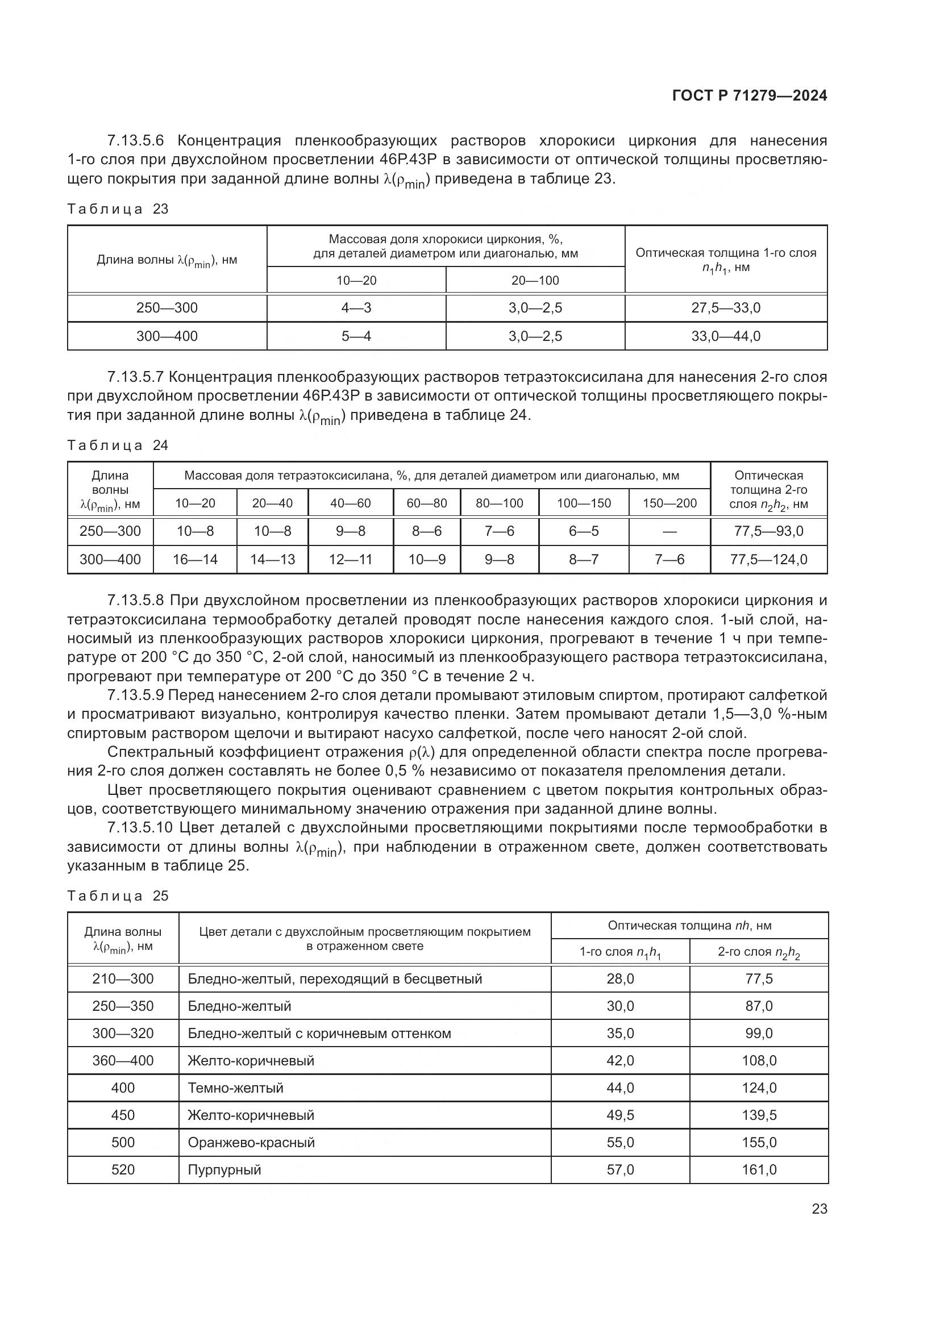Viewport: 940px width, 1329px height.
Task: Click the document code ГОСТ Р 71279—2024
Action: (750, 96)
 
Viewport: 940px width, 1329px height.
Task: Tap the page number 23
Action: (819, 1209)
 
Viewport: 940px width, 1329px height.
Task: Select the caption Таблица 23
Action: (118, 209)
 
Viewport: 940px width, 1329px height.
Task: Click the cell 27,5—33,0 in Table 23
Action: (726, 308)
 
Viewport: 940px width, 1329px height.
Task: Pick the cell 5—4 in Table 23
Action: (356, 336)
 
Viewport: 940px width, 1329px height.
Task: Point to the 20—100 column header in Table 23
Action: (535, 281)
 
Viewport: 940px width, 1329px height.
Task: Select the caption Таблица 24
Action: (118, 445)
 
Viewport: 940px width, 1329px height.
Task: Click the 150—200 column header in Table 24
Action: (669, 503)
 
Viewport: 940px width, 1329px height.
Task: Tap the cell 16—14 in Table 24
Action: (195, 560)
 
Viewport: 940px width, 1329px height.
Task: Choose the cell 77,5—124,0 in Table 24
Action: (769, 560)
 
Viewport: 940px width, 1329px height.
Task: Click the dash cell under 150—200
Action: (669, 531)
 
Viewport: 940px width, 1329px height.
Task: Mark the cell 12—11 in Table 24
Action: (350, 560)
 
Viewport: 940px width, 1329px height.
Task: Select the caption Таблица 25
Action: (118, 896)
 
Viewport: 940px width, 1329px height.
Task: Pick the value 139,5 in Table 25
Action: (759, 1115)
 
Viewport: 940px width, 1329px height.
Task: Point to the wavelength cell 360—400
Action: (123, 1060)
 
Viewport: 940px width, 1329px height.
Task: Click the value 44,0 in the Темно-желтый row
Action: (620, 1088)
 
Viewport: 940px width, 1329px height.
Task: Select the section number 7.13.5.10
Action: (140, 828)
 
